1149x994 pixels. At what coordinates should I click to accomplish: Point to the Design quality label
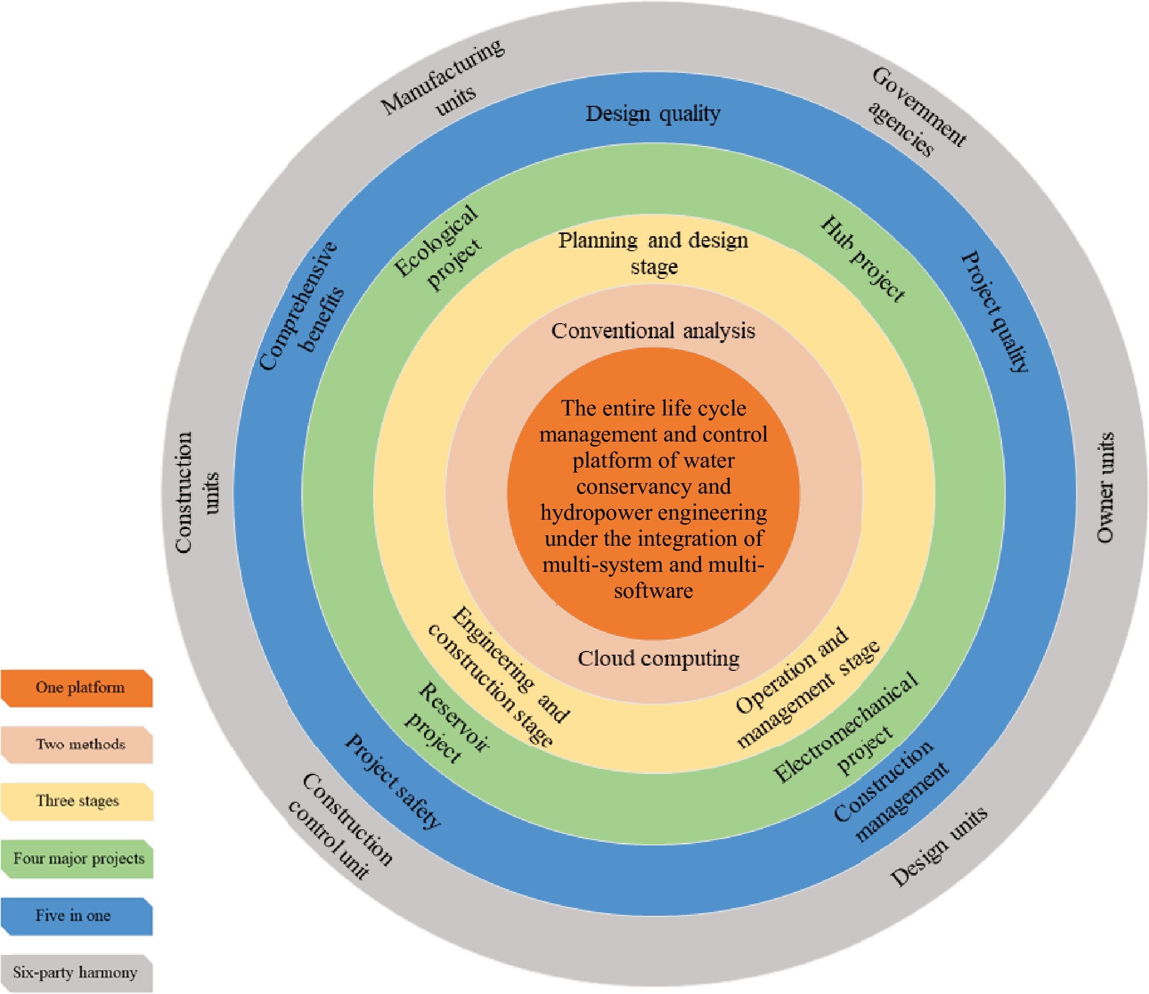pos(653,114)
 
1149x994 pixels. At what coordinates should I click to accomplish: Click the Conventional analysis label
pos(653,331)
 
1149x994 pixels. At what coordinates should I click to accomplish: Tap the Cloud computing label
pos(658,658)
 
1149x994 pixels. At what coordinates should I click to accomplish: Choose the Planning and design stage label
pos(653,253)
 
